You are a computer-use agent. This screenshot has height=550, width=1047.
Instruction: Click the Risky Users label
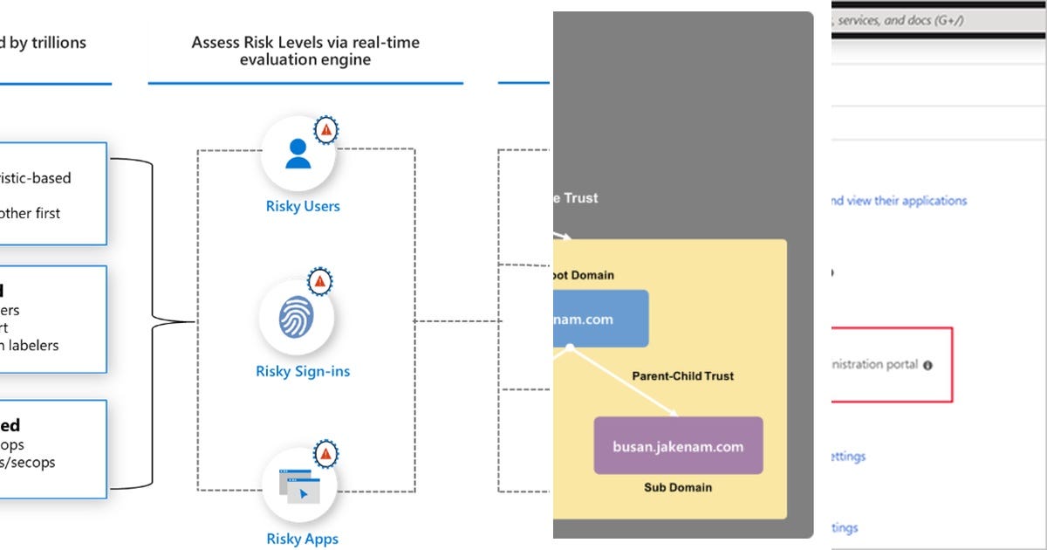click(303, 207)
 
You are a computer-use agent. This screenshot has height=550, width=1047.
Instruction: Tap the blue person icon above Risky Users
click(298, 154)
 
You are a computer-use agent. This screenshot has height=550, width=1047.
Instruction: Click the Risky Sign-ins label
click(303, 372)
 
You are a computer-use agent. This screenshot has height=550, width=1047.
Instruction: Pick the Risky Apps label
click(303, 539)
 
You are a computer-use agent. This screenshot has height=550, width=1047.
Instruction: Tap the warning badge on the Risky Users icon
click(326, 129)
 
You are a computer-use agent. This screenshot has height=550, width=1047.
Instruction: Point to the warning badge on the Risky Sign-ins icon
click(320, 281)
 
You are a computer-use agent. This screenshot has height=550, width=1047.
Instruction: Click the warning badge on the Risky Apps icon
click(325, 453)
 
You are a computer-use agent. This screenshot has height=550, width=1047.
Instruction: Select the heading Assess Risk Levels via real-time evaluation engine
click(305, 51)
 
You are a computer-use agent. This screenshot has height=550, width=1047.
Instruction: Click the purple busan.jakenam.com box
click(678, 446)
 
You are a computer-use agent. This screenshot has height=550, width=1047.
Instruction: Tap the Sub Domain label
click(678, 487)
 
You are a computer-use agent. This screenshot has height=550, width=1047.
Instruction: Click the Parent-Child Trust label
click(683, 376)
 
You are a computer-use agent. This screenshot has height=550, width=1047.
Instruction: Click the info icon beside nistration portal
click(927, 365)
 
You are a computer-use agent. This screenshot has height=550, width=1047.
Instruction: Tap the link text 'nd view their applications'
click(898, 201)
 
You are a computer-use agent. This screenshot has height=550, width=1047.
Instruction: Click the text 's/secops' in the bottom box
click(27, 463)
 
